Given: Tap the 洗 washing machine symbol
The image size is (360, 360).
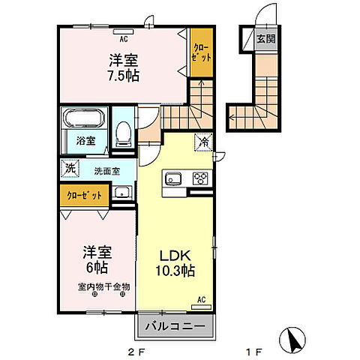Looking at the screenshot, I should pyautogui.click(x=69, y=169).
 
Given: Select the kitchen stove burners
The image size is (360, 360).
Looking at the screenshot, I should pyautogui.click(x=199, y=178).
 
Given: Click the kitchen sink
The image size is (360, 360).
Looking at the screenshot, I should pyautogui.click(x=172, y=179).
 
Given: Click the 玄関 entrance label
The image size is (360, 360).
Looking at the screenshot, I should pyautogui.click(x=265, y=38).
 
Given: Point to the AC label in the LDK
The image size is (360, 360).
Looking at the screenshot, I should pyautogui.click(x=200, y=300).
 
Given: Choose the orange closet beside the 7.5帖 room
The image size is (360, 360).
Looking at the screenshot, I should pyautogui.click(x=199, y=52).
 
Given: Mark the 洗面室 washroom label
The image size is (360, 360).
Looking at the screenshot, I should pyautogui.click(x=106, y=170).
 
